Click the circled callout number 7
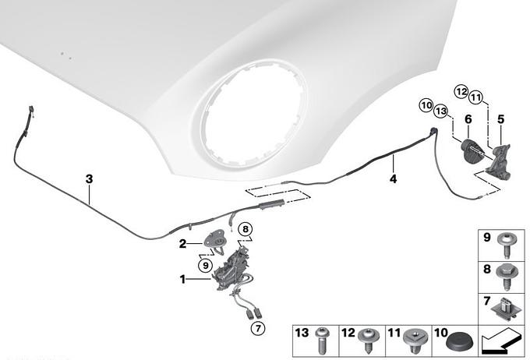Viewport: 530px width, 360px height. pyautogui.click(x=258, y=328)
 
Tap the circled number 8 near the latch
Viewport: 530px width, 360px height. pyautogui.click(x=246, y=229)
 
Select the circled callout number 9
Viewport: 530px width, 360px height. pyautogui.click(x=206, y=266)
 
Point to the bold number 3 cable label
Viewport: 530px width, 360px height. pyautogui.click(x=89, y=178)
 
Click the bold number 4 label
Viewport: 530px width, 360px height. pyautogui.click(x=393, y=178)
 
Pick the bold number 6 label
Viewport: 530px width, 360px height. pyautogui.click(x=468, y=119)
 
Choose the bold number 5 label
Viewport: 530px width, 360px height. pyautogui.click(x=500, y=119)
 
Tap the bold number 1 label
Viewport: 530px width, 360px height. pyautogui.click(x=182, y=280)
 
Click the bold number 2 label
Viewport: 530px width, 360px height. pyautogui.click(x=182, y=243)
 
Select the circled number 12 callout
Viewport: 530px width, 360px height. pyautogui.click(x=461, y=92)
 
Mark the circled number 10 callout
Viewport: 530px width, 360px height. pyautogui.click(x=426, y=105)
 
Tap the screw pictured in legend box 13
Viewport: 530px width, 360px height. pyautogui.click(x=321, y=341)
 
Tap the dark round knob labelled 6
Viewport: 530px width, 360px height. pyautogui.click(x=472, y=151)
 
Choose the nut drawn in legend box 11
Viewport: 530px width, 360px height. pyautogui.click(x=415, y=340)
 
